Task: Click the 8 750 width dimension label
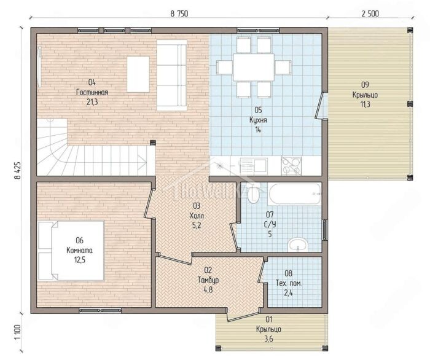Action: pyautogui.click(x=179, y=13)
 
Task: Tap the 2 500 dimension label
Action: pyautogui.click(x=370, y=13)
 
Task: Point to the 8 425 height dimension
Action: pyautogui.click(x=18, y=171)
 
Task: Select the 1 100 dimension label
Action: pyautogui.click(x=18, y=332)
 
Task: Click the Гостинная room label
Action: pyautogui.click(x=92, y=92)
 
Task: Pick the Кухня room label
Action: pyautogui.click(x=258, y=120)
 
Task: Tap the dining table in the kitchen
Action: pyautogui.click(x=254, y=67)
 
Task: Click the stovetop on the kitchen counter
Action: pyautogui.click(x=291, y=166)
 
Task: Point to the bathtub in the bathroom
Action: pyautogui.click(x=295, y=194)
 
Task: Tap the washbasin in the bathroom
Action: pyautogui.click(x=298, y=245)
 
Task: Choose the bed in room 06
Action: pyautogui.click(x=71, y=251)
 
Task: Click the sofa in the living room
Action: pyautogui.click(x=171, y=75)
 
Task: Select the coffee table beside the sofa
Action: pyautogui.click(x=138, y=74)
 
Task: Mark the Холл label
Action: pyautogui.click(x=197, y=216)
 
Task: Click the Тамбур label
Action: pyautogui.click(x=208, y=280)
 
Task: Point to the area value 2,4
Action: pyautogui.click(x=288, y=293)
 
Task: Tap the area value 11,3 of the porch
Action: pyautogui.click(x=365, y=104)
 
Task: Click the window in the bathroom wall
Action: pyautogui.click(x=325, y=230)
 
